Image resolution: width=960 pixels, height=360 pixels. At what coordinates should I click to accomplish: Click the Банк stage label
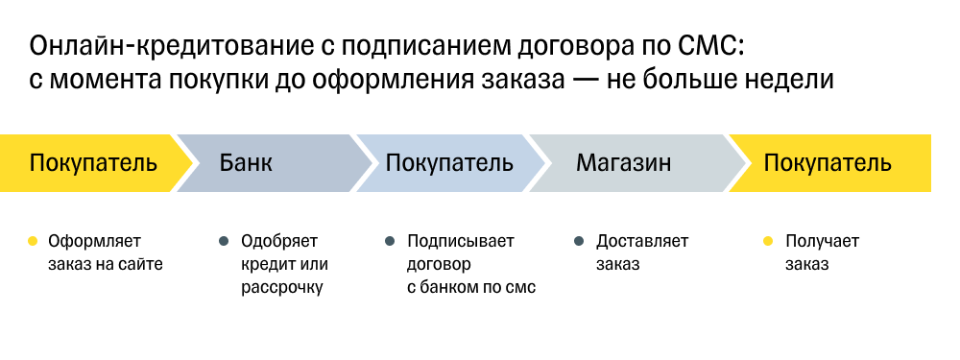[x=246, y=162]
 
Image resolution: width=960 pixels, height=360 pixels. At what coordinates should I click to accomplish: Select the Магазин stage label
[x=623, y=162]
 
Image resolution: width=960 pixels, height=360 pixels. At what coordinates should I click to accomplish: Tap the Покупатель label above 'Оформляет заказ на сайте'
[x=93, y=162]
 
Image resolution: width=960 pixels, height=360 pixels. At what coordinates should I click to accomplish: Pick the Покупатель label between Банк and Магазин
[x=449, y=162]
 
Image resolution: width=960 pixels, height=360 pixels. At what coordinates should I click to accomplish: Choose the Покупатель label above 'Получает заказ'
[x=828, y=162]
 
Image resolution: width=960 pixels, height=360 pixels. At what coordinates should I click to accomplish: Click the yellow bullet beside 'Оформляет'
[x=33, y=241]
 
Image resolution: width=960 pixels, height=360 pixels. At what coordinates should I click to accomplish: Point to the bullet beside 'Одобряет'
[x=224, y=241]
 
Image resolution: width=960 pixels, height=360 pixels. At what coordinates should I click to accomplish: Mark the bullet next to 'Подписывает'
[x=390, y=241]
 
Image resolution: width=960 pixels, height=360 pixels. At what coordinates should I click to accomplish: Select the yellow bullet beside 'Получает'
[x=767, y=241]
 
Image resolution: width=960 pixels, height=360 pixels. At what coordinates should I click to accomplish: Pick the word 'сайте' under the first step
[x=141, y=264]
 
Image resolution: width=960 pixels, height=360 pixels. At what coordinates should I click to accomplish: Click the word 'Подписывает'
[x=461, y=241]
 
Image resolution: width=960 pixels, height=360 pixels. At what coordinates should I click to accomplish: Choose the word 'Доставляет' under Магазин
[x=642, y=241]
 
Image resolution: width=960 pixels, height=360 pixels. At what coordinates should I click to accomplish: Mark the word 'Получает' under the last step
[x=822, y=241]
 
